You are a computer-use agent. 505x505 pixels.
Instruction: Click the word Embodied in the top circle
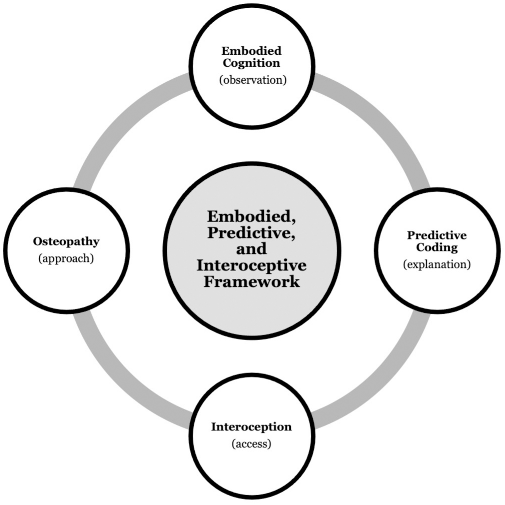pyautogui.click(x=251, y=51)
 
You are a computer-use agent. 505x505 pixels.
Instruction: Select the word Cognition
pyautogui.click(x=251, y=63)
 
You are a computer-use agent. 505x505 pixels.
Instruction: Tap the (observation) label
pyautogui.click(x=252, y=80)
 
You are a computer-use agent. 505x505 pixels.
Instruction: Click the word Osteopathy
pyautogui.click(x=66, y=242)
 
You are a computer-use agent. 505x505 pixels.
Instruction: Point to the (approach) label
pyautogui.click(x=66, y=258)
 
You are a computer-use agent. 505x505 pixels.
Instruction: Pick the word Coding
pyautogui.click(x=437, y=247)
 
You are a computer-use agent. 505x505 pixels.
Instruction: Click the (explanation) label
pyautogui.click(x=437, y=264)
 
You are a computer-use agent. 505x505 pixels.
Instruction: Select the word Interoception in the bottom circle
pyautogui.click(x=251, y=427)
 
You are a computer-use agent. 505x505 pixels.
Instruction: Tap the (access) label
pyautogui.click(x=251, y=444)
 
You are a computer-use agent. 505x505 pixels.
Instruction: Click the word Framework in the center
pyautogui.click(x=251, y=282)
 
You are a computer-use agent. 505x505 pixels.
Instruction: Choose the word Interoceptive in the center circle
pyautogui.click(x=251, y=265)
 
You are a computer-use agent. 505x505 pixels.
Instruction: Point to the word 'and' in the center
pyautogui.click(x=251, y=249)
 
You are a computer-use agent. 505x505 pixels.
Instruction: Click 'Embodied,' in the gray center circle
pyautogui.click(x=251, y=216)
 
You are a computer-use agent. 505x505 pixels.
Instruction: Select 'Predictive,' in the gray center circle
pyautogui.click(x=251, y=233)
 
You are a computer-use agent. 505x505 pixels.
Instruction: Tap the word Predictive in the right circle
pyautogui.click(x=437, y=235)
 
